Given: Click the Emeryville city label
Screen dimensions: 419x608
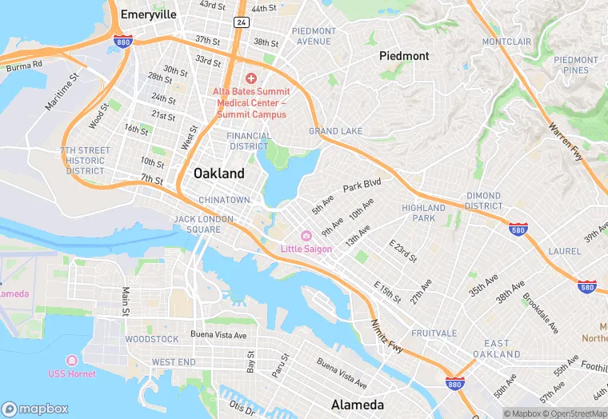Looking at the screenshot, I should coord(148,14).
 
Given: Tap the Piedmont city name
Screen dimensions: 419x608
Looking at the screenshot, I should coord(403,56).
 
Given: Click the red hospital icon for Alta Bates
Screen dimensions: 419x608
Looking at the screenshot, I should coord(250,78).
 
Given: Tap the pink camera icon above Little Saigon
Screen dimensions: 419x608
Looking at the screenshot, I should coord(305,236).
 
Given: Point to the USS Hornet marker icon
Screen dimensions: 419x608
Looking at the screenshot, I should coord(72,361).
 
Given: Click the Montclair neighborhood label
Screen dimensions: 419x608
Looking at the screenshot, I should coord(506,41).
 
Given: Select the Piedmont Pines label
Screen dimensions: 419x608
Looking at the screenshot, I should coord(575,65).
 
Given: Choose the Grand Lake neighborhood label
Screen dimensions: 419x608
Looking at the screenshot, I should coord(335,131).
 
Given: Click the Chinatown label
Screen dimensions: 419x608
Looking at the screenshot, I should coord(224,200).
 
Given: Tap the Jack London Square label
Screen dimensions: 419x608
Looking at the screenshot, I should coord(203,224).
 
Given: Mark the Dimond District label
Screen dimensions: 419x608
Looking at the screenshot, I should coord(484,200).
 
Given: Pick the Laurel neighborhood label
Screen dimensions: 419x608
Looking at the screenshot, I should coord(565,251).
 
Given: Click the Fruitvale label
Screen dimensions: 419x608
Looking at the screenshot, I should coord(434,333).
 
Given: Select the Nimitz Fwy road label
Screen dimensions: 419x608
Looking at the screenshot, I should coord(388,335).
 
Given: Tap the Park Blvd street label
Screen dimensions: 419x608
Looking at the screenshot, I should coord(362,186).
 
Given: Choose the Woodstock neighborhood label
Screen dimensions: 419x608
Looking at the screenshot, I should coord(152,339).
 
